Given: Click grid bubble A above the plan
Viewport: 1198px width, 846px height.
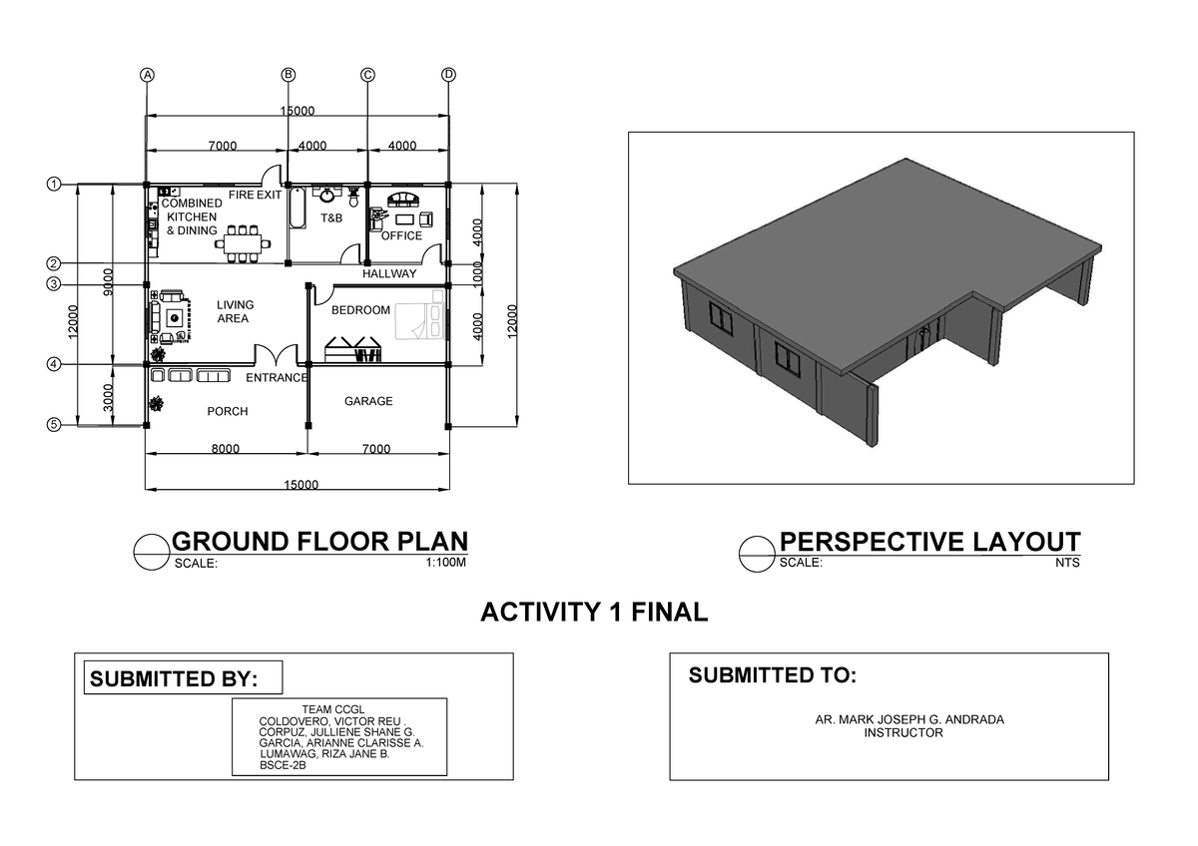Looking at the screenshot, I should pos(148,75).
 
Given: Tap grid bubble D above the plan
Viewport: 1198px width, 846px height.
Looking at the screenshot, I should pos(448,75).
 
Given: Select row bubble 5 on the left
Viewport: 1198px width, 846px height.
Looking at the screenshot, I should pos(53,425).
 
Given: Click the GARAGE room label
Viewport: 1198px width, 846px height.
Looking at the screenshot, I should pos(368,401).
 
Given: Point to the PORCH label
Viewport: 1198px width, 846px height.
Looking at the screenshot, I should pos(227,411).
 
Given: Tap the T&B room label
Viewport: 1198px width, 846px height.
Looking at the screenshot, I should pos(330,217).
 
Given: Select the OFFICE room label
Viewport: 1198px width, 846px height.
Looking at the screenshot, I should pos(401,236).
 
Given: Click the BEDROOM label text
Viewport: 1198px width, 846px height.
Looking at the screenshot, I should pos(360,310).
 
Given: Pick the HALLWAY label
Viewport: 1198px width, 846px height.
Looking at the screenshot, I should pos(389,273).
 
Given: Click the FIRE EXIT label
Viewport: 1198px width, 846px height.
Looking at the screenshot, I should pos(255,196).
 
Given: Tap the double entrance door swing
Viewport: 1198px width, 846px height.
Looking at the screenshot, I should pos(276,355).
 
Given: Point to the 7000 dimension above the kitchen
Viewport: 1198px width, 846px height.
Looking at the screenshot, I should pos(223,146).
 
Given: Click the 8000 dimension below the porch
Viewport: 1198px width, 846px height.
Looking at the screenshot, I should pos(226,449).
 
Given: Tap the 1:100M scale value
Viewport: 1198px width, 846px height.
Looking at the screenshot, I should pos(445,563).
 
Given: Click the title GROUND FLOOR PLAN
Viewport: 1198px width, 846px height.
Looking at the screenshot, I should pos(319,542).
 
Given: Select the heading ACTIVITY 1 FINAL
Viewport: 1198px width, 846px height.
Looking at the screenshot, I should pos(594,612).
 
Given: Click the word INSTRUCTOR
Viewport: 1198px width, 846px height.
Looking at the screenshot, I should pos(902,732).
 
